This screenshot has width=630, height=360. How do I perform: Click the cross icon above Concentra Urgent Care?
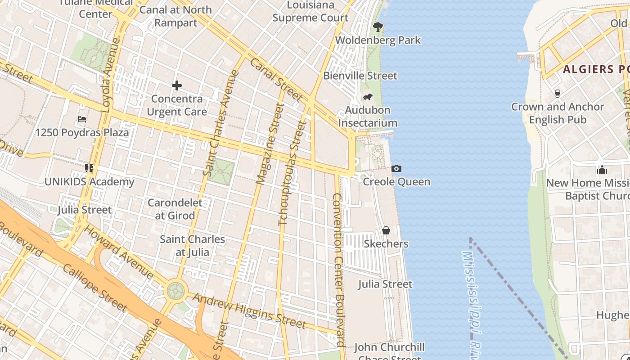point(177,85)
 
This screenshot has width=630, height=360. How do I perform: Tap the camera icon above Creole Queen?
point(396,168)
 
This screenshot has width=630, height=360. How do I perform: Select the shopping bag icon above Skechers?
point(386,230)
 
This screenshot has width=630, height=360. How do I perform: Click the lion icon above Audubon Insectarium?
point(368,97)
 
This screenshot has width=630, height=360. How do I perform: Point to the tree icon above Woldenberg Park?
point(378,27)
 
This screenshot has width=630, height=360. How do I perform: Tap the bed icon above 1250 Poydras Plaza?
point(82,119)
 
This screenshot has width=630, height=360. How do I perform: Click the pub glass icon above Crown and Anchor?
point(558,93)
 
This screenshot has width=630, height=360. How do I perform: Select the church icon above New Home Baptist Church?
point(602,170)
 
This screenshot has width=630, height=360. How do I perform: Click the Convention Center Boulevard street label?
point(338,270)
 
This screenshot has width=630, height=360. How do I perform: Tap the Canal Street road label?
point(276,80)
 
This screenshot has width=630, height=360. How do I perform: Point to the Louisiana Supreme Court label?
point(310,12)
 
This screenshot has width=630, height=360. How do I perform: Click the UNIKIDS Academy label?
point(89,182)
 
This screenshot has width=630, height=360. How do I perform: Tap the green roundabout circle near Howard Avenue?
point(175,291)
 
